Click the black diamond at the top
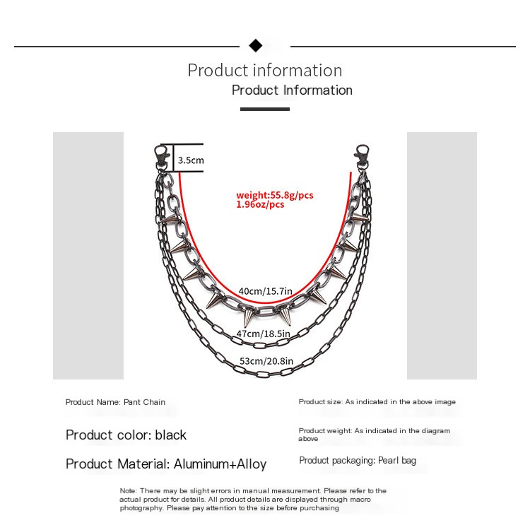[256, 47]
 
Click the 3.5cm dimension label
[190, 160]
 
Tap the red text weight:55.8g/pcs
[274, 195]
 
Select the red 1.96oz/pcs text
[260, 204]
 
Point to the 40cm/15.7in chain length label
[264, 290]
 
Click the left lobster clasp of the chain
[162, 157]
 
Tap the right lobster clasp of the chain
[363, 157]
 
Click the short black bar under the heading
[265, 109]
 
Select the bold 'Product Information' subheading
[292, 90]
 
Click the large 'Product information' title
[265, 71]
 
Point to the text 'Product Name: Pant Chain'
[115, 402]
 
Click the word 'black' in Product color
[170, 435]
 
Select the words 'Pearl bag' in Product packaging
[396, 461]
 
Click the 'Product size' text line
[377, 401]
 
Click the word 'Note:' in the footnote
[128, 490]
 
